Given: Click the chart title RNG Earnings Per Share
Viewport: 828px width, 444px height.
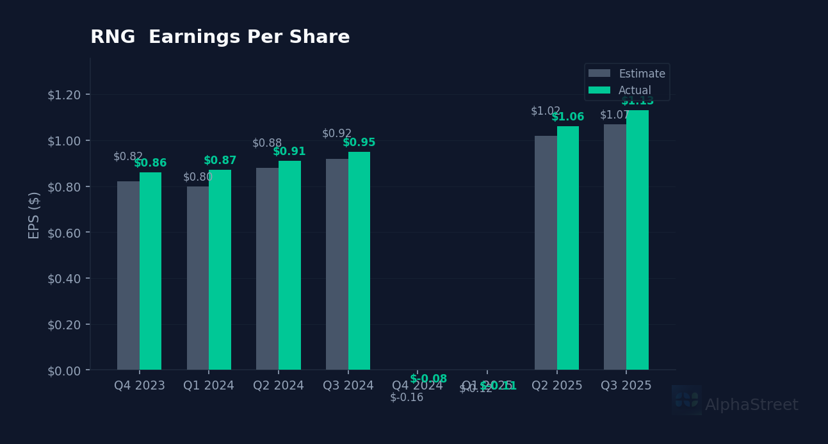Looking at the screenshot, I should click(220, 38).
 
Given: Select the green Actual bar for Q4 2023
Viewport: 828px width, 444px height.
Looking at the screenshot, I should click(150, 271).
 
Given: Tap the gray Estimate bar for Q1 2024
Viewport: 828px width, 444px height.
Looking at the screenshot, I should click(198, 278).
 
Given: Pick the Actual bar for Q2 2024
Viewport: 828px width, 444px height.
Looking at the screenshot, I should click(289, 265).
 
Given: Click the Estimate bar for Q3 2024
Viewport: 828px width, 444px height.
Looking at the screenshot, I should click(337, 264).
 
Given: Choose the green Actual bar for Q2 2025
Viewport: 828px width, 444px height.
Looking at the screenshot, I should click(568, 248).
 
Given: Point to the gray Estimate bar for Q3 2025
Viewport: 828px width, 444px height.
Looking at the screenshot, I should click(615, 247).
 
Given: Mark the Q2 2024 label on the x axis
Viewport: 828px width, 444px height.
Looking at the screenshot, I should click(279, 386).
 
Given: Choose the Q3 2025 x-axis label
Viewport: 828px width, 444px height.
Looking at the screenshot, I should click(626, 386).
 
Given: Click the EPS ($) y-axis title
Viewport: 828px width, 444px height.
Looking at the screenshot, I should click(35, 215).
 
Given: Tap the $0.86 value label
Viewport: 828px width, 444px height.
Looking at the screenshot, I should click(150, 163).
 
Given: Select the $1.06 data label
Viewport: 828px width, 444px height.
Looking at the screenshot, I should click(568, 117).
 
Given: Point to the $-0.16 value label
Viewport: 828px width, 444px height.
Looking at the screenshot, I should click(407, 397).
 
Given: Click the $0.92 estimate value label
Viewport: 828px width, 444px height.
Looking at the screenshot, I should click(337, 133).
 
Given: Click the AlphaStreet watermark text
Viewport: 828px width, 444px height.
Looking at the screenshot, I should click(751, 405).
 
